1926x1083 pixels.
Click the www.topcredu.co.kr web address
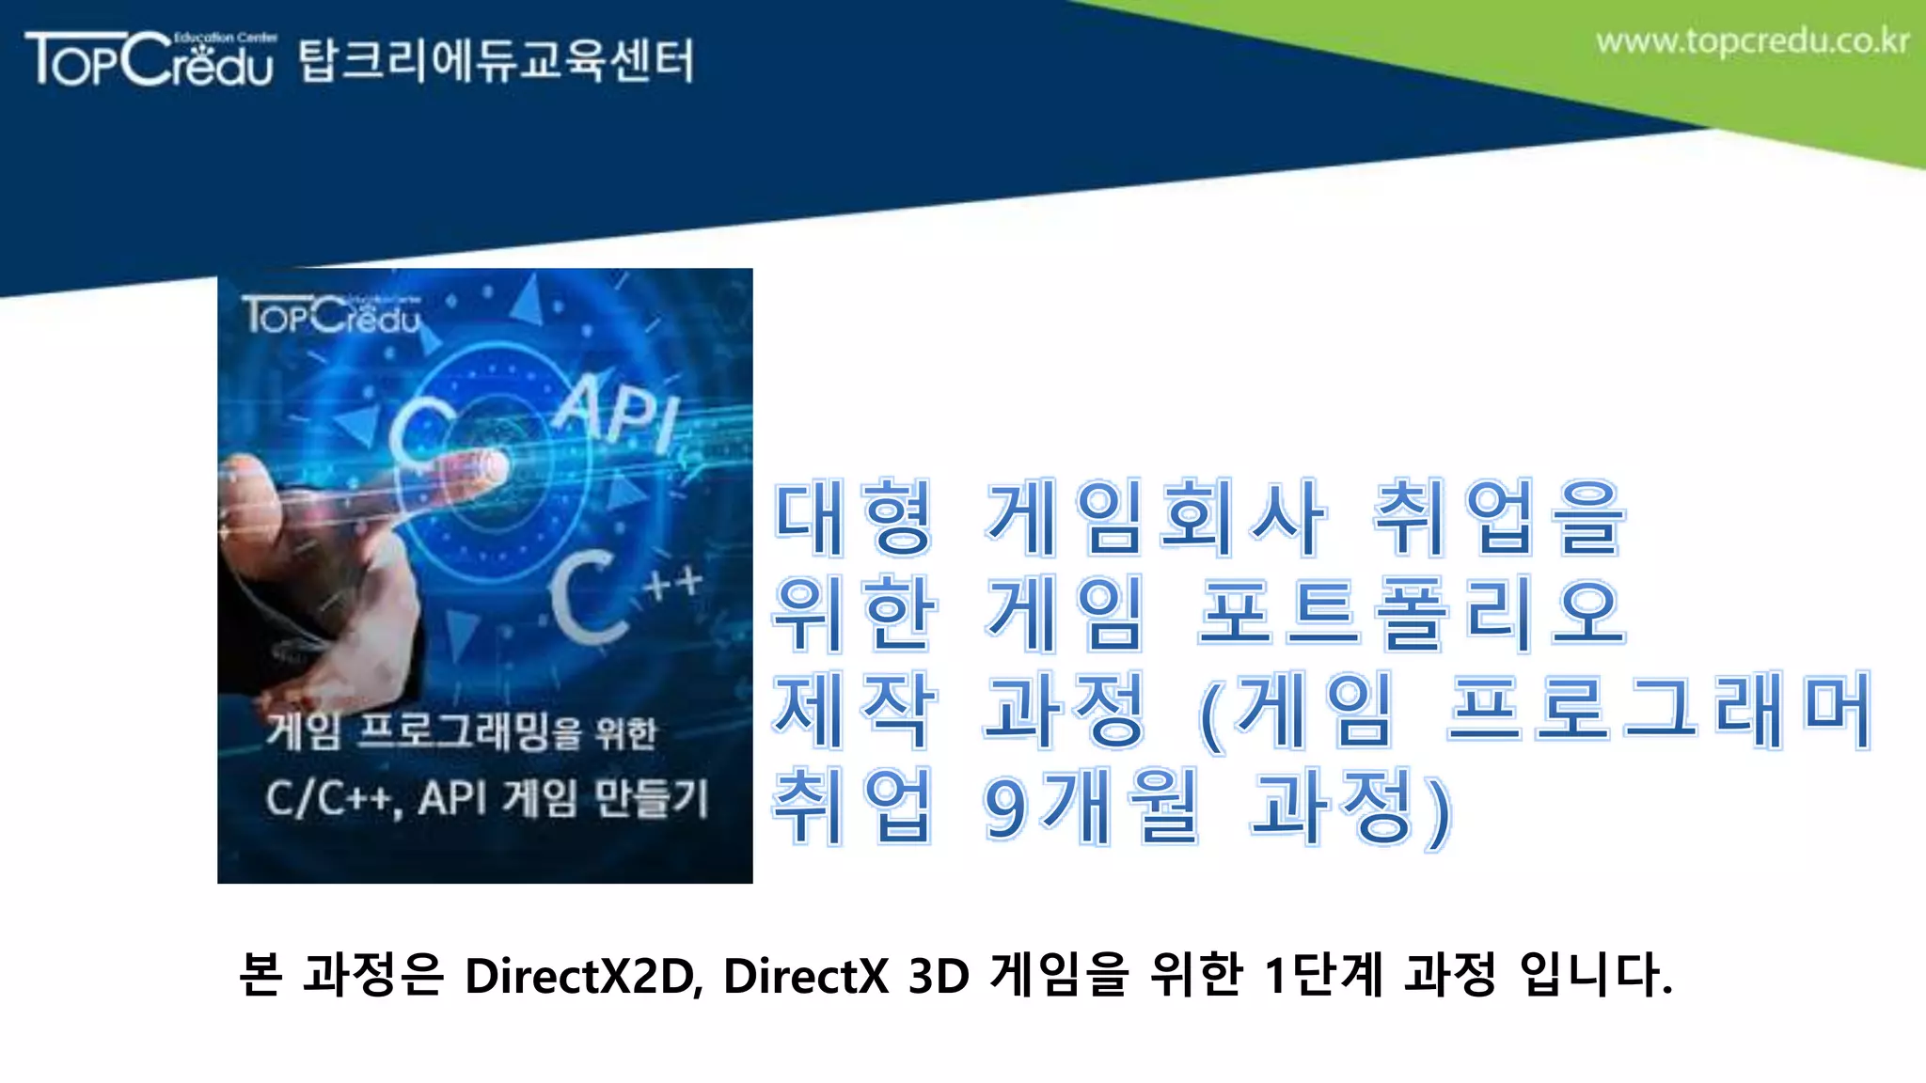point(1752,41)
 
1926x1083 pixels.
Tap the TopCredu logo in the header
point(150,59)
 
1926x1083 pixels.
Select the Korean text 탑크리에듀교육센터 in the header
point(497,61)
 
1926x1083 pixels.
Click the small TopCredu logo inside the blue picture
point(331,315)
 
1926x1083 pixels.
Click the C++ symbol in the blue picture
point(621,597)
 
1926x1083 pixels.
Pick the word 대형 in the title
point(853,516)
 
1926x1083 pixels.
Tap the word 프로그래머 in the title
point(1660,710)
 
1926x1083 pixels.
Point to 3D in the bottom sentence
point(939,975)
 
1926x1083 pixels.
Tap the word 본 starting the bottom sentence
point(260,974)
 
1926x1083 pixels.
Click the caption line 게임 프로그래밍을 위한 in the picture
point(461,732)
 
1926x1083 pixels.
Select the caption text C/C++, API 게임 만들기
point(485,798)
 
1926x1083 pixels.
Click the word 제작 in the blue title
point(853,710)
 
